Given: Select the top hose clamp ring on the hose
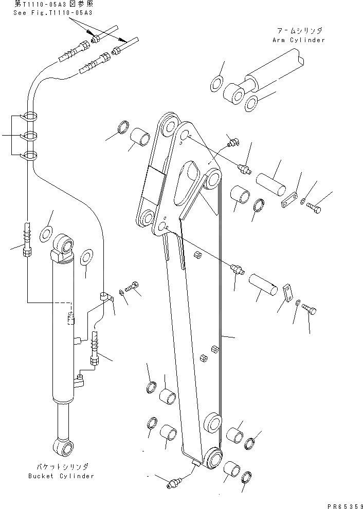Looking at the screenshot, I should [30, 117].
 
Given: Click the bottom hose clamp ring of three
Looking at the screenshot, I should [30, 156].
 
